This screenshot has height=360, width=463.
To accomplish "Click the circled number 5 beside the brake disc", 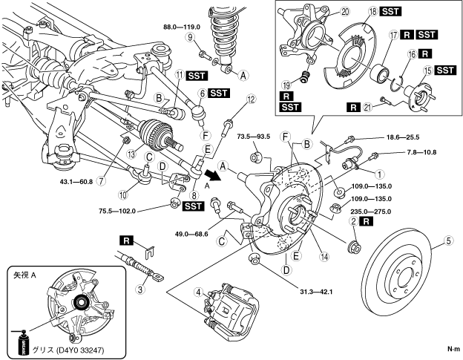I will click(x=447, y=240).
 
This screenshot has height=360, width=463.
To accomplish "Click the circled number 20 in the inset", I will click(x=302, y=11).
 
